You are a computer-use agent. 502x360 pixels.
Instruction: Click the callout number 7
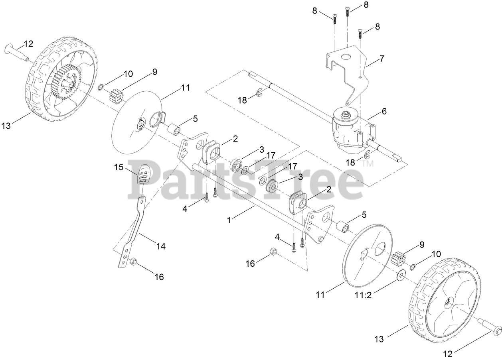click(x=382, y=59)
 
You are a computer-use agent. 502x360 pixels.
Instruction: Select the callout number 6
click(x=384, y=112)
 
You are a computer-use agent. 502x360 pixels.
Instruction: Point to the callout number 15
click(x=119, y=167)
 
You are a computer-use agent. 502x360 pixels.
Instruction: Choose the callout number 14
click(x=160, y=246)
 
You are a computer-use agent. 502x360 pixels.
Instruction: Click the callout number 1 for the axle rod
click(x=229, y=220)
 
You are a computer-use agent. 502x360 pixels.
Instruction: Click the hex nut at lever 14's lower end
click(x=134, y=262)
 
